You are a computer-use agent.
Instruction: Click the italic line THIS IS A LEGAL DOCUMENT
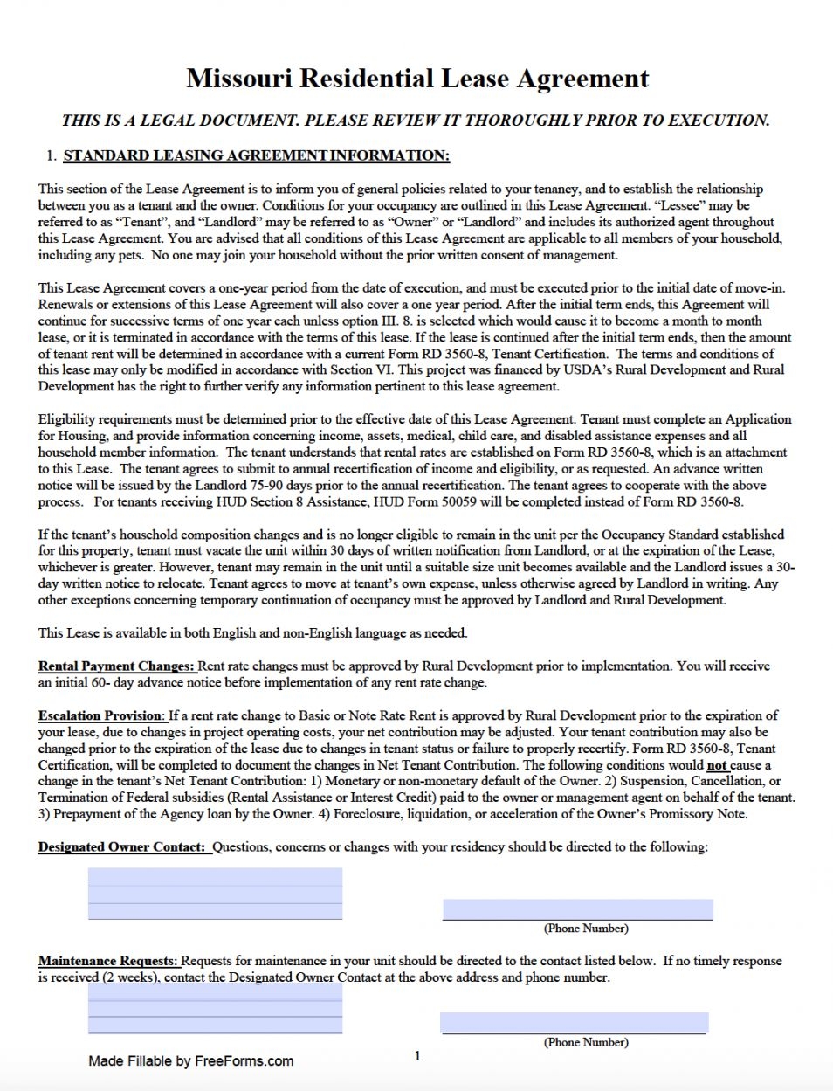click(x=416, y=121)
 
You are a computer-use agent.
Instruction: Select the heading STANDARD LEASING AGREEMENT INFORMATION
click(x=256, y=156)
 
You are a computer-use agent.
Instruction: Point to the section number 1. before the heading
click(x=52, y=156)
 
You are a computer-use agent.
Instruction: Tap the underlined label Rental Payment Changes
click(x=117, y=666)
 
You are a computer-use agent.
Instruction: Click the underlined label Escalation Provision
click(x=100, y=715)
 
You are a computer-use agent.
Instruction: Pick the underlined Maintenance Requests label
click(x=107, y=961)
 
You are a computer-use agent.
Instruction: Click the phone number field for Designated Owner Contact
click(x=577, y=909)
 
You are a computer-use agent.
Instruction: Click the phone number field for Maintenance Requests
click(x=574, y=1023)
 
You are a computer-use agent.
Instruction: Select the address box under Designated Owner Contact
click(x=215, y=894)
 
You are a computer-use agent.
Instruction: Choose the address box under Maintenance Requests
click(x=215, y=1010)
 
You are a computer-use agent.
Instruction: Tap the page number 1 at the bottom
click(x=417, y=1057)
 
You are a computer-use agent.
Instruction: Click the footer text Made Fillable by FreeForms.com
click(x=190, y=1061)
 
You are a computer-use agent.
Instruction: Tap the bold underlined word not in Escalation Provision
click(x=717, y=765)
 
